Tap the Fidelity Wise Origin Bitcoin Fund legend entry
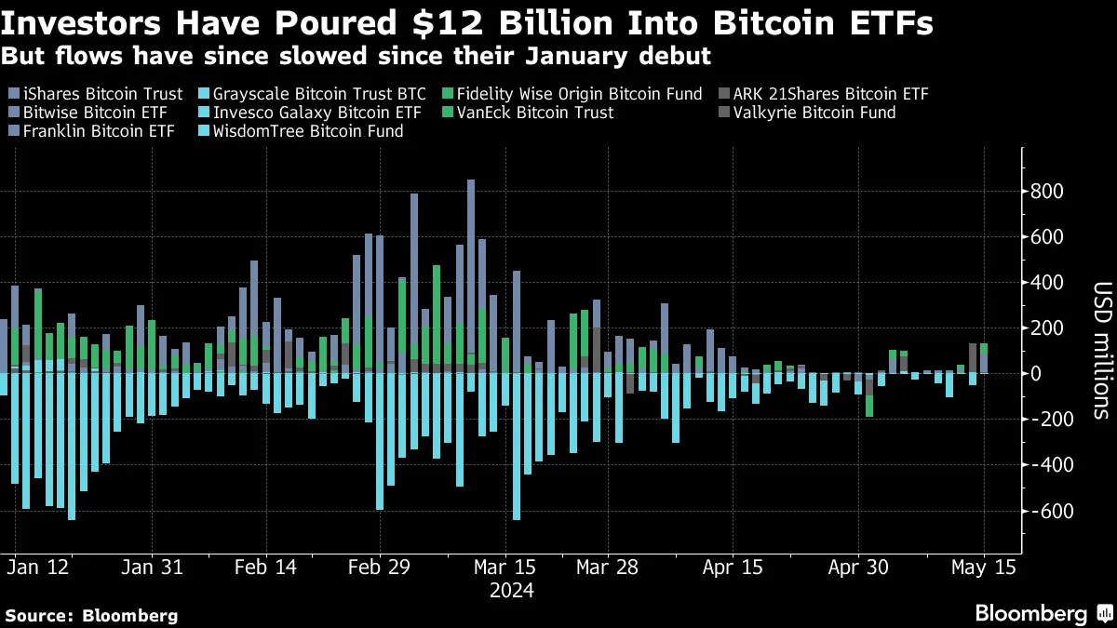click(568, 94)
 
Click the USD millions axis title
click(1100, 349)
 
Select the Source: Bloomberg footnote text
click(91, 615)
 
